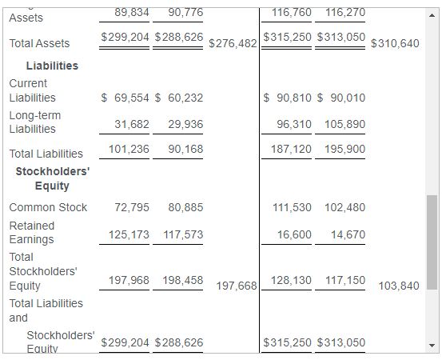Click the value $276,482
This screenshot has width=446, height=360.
click(233, 43)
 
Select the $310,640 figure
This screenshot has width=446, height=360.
click(395, 43)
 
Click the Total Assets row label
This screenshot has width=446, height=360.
click(39, 43)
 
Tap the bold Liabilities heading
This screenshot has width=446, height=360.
click(52, 66)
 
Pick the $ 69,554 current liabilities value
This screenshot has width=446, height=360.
click(125, 98)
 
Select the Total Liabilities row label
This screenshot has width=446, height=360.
click(46, 154)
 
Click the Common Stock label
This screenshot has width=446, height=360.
click(48, 207)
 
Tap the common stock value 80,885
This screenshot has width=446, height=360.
click(185, 207)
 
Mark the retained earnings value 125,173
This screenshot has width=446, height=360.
click(129, 234)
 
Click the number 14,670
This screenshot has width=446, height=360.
click(348, 234)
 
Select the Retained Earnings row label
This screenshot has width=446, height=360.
click(32, 232)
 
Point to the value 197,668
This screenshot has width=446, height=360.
click(237, 286)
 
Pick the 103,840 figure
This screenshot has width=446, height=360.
click(398, 286)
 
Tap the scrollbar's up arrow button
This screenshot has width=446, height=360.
click(432, 14)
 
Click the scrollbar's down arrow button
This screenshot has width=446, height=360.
click(432, 346)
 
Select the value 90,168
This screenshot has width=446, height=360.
click(185, 149)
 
